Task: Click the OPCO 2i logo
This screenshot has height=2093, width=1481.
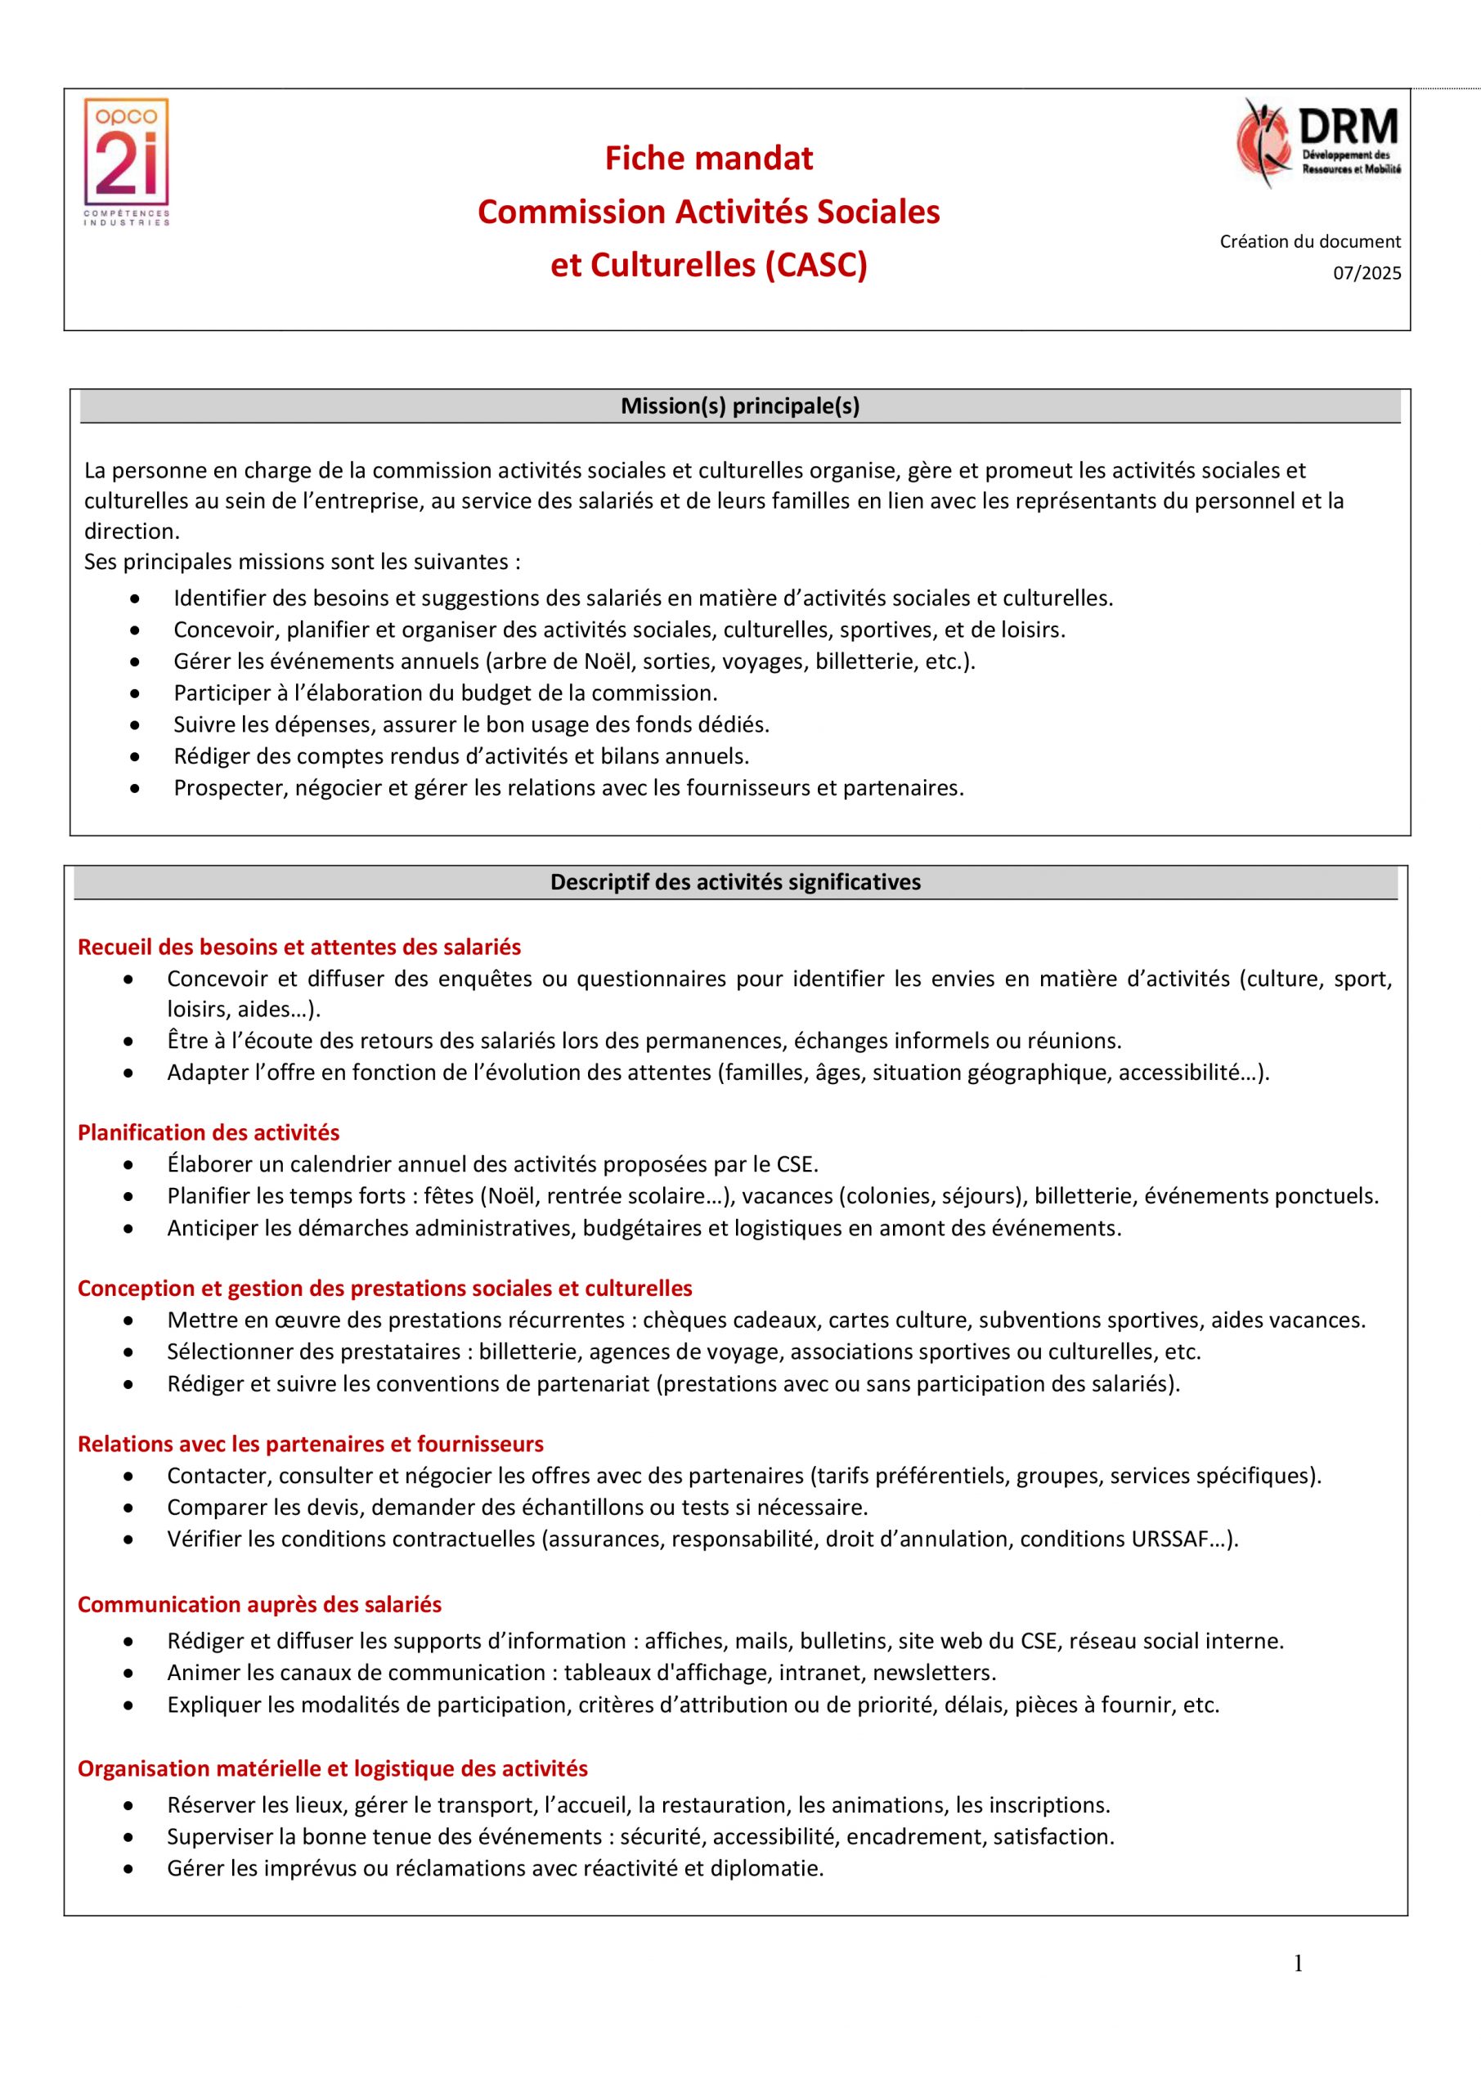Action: coord(127,161)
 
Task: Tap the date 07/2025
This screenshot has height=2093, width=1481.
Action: coord(1367,273)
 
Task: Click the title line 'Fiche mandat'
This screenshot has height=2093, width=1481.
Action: coord(708,159)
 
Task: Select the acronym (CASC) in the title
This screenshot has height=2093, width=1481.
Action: coord(816,265)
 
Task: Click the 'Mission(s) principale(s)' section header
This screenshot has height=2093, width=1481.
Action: coord(739,406)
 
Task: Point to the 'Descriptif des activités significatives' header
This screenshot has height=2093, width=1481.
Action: coord(735,882)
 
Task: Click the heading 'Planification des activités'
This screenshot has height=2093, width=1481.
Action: coord(208,1132)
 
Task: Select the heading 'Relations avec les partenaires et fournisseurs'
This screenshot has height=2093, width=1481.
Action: coord(310,1444)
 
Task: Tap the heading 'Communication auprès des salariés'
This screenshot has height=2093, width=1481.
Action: coord(259,1604)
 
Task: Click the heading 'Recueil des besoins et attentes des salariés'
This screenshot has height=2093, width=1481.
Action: coord(299,947)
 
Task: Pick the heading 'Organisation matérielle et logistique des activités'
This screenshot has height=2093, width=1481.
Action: coord(332,1768)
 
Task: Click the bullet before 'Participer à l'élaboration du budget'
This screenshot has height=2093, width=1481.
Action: coord(135,694)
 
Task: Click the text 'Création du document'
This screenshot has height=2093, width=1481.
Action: coord(1309,241)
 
